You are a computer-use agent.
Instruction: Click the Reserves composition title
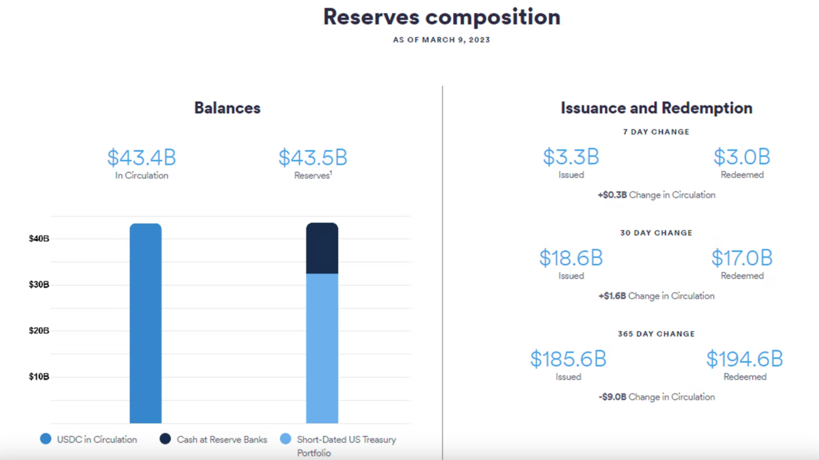[441, 17]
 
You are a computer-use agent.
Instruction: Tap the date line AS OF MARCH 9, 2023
[441, 40]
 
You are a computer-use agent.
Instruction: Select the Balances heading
[227, 108]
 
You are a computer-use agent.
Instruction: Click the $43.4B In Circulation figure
[141, 158]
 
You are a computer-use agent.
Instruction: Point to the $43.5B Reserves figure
[312, 158]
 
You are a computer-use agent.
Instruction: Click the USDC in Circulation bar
[146, 323]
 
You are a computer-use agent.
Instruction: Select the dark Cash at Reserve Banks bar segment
[322, 249]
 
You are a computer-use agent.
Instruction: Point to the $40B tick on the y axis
[39, 239]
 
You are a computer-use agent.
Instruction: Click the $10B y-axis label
[39, 377]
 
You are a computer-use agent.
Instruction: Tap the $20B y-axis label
[39, 331]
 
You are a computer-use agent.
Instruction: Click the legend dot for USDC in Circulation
[46, 439]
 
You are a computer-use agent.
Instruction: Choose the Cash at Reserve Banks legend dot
[165, 439]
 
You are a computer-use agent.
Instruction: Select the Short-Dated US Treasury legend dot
[286, 439]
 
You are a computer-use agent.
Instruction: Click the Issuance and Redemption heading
[656, 108]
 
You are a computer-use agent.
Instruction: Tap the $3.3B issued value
[571, 157]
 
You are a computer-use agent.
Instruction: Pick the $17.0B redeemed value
[742, 258]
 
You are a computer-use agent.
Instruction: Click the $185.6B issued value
[568, 359]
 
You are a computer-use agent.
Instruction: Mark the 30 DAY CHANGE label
[656, 233]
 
